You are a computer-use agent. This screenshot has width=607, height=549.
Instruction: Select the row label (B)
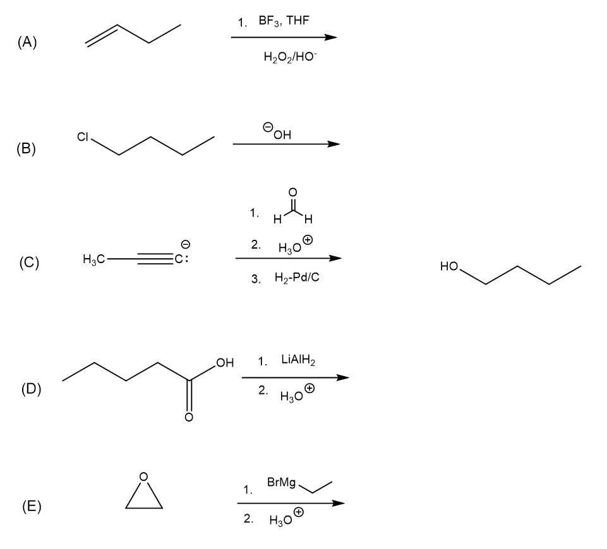pos(28,150)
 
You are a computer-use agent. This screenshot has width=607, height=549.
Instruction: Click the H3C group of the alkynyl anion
pos(93,259)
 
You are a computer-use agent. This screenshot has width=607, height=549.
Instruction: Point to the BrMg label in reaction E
pos(281,483)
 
